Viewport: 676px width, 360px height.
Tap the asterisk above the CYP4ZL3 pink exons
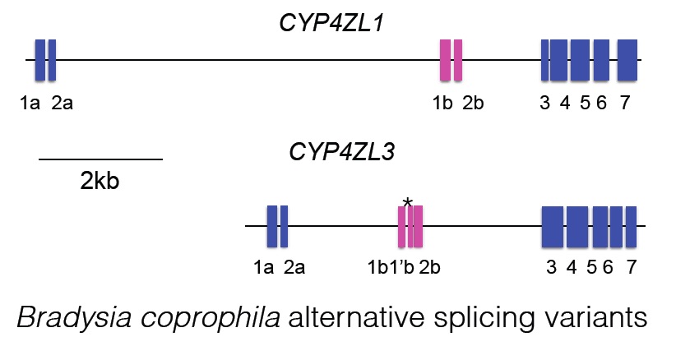[407, 202]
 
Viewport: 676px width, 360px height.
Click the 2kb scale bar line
[100, 159]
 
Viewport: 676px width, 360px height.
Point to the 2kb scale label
[100, 180]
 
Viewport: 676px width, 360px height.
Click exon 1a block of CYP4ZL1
[39, 60]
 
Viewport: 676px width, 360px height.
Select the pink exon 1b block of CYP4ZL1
[446, 60]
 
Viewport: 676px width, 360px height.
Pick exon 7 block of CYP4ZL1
[627, 60]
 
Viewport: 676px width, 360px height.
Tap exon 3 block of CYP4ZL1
[545, 60]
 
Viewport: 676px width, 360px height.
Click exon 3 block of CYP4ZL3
[552, 226]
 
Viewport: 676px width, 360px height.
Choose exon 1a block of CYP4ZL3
[272, 226]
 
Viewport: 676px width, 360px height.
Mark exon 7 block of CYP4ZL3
[632, 226]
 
